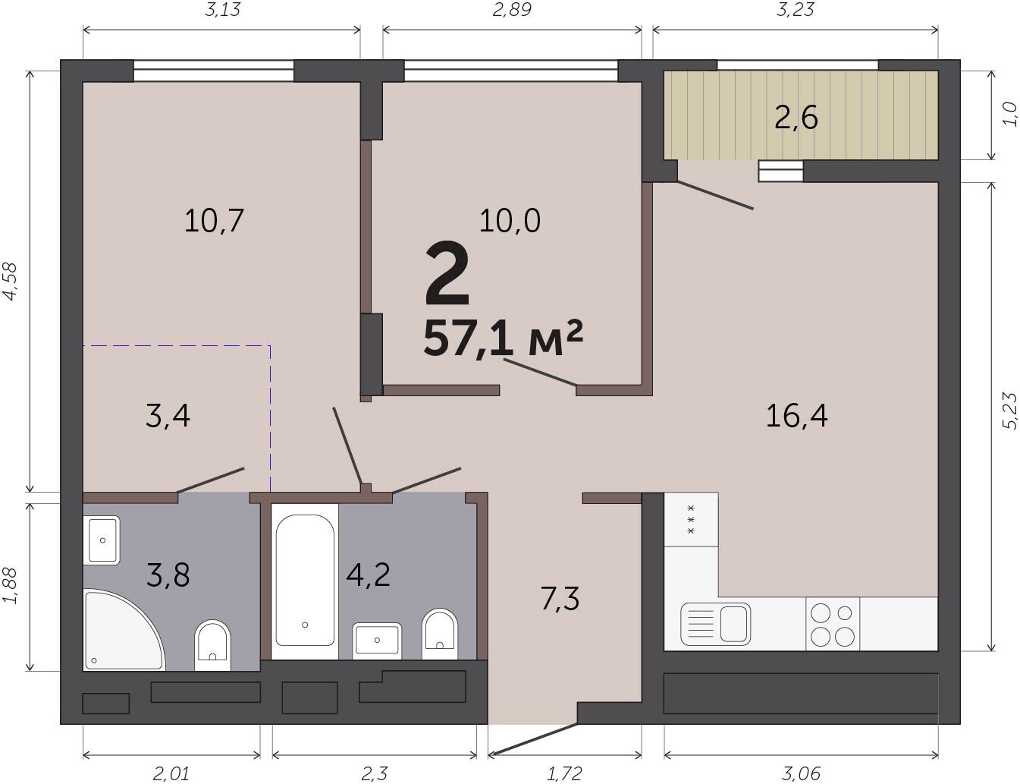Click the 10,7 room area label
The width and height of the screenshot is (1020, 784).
(214, 221)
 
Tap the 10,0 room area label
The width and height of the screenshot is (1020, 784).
(510, 221)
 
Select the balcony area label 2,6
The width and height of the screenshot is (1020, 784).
(796, 118)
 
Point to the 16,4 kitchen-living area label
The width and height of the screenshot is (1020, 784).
(796, 416)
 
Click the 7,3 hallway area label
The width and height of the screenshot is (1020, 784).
(560, 599)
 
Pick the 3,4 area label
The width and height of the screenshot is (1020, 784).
(168, 416)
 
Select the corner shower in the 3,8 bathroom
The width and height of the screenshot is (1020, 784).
(124, 630)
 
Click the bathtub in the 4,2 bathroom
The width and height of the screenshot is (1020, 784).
(305, 581)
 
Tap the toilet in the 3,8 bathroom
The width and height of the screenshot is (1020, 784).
(212, 645)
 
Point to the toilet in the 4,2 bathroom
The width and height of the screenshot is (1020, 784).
(440, 634)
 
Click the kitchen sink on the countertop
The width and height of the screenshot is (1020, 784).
(715, 625)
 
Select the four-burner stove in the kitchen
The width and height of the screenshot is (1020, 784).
(833, 625)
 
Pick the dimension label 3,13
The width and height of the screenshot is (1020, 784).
(222, 9)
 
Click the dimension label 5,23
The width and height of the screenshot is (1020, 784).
(1010, 411)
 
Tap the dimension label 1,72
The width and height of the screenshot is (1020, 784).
(565, 773)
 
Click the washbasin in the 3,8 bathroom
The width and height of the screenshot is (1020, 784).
(102, 540)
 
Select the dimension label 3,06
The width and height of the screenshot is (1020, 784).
(802, 773)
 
